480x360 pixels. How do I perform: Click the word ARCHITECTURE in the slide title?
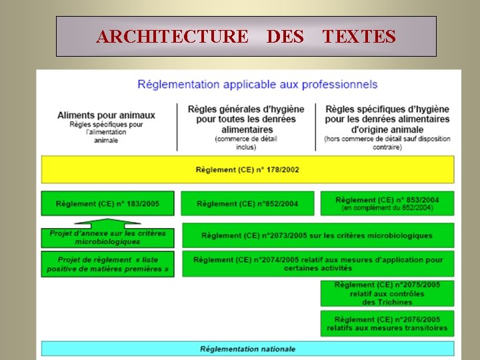coord(171,36)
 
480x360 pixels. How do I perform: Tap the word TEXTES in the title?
coord(359,36)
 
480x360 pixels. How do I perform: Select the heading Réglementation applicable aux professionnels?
coord(257,85)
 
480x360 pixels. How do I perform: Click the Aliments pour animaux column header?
coord(106,115)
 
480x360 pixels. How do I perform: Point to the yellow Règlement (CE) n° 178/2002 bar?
coord(247,170)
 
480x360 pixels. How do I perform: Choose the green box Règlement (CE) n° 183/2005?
coord(107,203)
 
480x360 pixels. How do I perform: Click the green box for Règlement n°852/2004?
coord(247,203)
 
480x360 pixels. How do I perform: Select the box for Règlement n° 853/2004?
coord(387,203)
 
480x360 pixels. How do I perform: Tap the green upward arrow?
coord(107,223)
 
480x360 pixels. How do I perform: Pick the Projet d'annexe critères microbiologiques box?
coord(107,238)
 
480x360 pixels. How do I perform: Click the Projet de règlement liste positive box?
coord(107,264)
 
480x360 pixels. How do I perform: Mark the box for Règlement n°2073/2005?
coord(317,235)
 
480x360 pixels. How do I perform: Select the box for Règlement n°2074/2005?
coord(318,263)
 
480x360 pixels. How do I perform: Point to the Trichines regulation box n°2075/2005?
coord(387,293)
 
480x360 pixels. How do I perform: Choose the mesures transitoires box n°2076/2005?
coord(387,323)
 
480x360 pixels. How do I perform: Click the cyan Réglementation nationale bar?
coord(247,349)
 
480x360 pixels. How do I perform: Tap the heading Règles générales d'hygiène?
coord(246,119)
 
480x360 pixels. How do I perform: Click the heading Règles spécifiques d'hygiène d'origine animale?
coord(387,119)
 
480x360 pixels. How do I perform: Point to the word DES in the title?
coord(285,36)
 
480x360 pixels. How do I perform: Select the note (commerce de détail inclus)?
coord(246,143)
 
